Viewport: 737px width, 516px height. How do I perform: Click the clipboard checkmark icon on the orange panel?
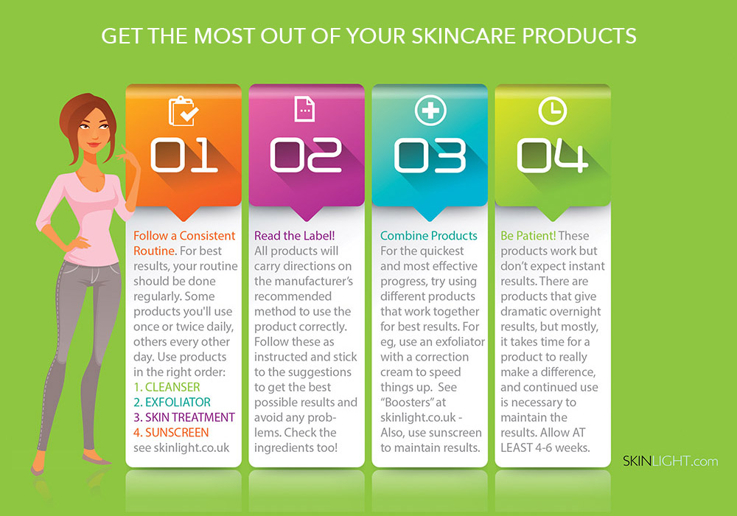184,111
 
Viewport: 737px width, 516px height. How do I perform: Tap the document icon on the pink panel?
304,109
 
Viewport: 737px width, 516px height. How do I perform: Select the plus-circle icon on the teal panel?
430,111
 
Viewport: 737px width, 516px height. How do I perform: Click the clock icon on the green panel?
552,111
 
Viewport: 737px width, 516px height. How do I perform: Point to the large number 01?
184,155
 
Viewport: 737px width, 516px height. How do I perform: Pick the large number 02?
306,155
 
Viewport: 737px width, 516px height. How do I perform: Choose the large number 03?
430,155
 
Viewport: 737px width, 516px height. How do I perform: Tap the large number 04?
552,155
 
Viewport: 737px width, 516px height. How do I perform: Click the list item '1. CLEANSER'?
167,387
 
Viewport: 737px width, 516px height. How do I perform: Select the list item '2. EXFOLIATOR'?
172,402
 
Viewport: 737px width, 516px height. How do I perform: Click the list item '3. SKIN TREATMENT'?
184,417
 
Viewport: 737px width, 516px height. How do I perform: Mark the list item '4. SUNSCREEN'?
171,433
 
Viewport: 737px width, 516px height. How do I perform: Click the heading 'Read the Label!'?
295,235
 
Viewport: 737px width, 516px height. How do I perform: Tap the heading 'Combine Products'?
429,235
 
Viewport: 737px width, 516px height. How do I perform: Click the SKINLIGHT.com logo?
670,461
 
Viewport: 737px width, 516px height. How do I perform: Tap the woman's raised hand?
128,156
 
